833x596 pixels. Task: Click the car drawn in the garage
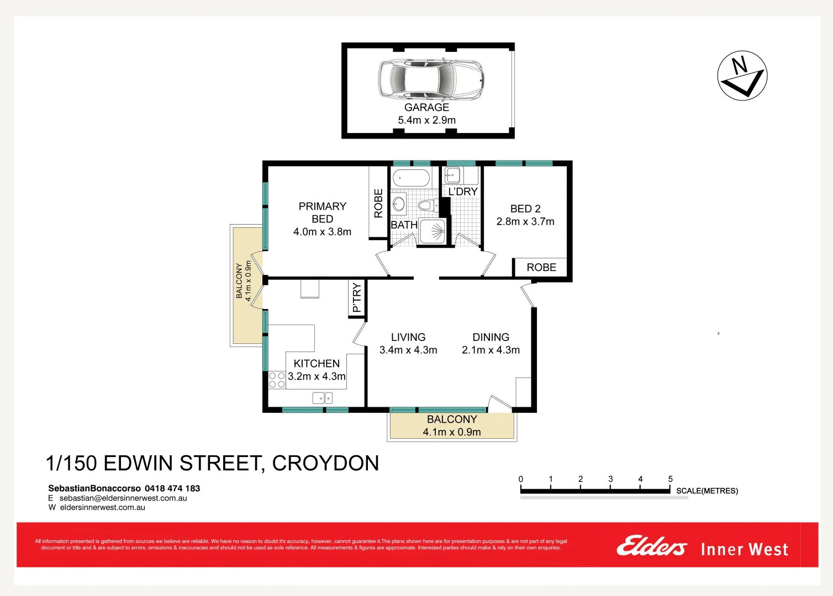(430, 79)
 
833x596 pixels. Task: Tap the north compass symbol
(742, 76)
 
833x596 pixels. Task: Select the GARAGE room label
(426, 108)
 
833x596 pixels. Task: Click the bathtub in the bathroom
(410, 178)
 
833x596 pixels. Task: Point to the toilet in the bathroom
(426, 206)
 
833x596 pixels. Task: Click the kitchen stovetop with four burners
(277, 380)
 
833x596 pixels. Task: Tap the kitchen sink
(322, 397)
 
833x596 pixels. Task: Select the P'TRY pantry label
(357, 298)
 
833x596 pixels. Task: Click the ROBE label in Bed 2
(541, 268)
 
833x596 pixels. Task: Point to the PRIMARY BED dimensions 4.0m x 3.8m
(322, 232)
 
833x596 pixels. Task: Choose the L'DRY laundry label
(463, 191)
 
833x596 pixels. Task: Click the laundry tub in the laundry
(452, 175)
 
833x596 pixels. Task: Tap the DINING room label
(491, 337)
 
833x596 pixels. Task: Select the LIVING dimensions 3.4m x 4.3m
(408, 350)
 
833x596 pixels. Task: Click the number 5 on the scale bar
(670, 479)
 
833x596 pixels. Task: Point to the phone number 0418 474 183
(172, 488)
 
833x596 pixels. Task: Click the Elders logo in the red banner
(651, 546)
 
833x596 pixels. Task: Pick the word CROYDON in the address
(325, 464)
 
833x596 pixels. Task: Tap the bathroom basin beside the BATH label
(399, 205)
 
